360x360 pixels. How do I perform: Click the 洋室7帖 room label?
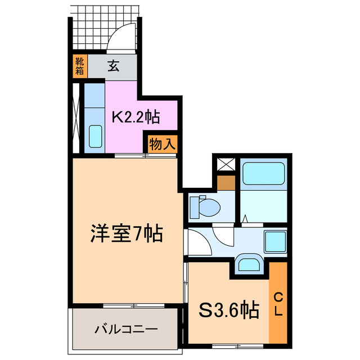click(127, 232)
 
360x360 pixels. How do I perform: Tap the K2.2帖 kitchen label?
click(136, 117)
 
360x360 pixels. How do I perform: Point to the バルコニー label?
click(126, 329)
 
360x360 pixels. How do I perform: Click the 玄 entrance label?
click(113, 66)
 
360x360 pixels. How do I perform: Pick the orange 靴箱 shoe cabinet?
click(79, 66)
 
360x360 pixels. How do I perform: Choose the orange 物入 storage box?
click(163, 144)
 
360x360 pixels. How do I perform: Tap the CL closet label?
click(278, 304)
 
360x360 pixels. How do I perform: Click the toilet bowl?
click(205, 207)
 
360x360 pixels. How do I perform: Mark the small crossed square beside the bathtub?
click(227, 165)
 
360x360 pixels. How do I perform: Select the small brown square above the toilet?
click(227, 183)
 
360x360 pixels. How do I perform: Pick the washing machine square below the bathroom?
click(276, 241)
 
